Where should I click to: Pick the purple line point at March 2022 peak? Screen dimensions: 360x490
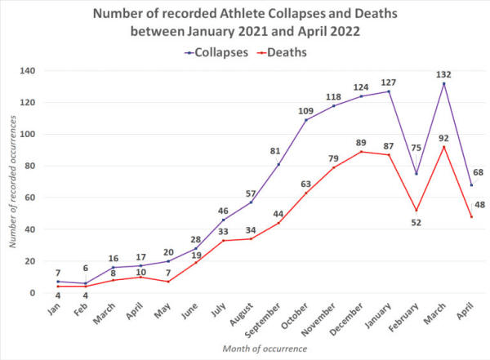point(443,83)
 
